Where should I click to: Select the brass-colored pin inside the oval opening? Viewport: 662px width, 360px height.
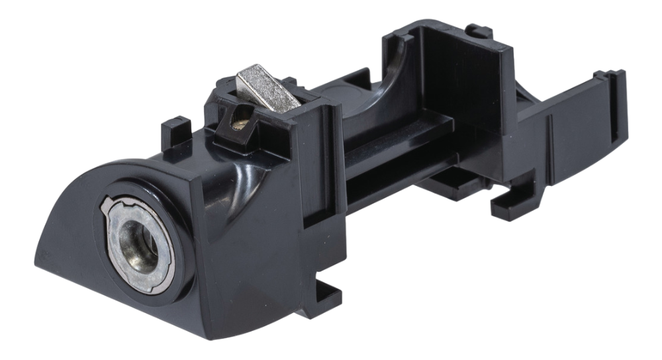[240, 120]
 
